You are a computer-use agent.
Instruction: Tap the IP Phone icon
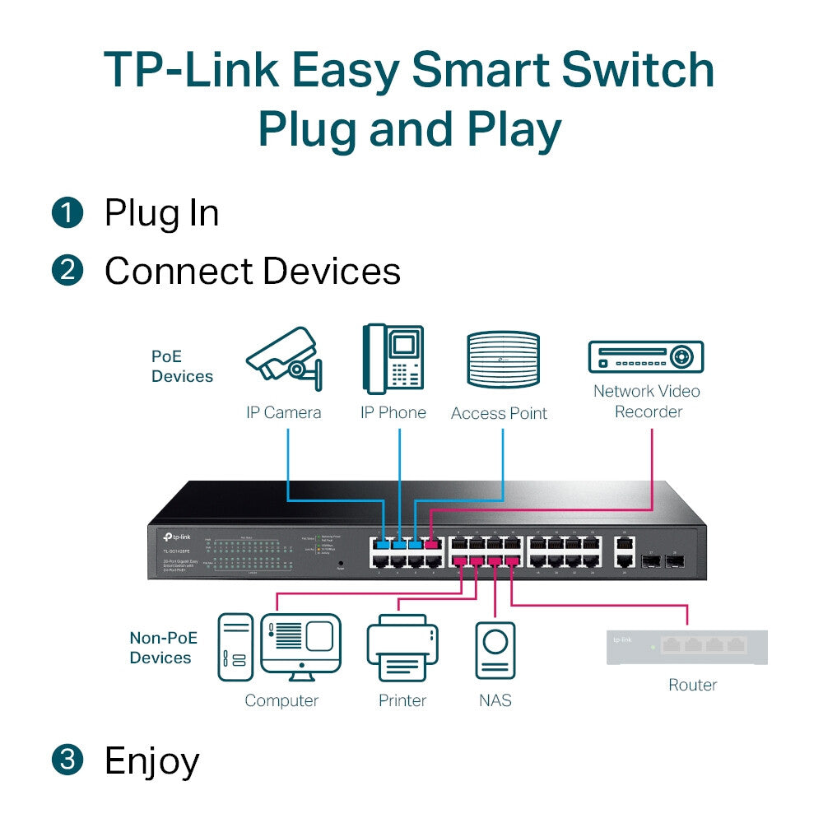(x=393, y=360)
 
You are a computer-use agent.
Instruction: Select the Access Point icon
(x=503, y=360)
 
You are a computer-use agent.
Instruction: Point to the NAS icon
(x=495, y=650)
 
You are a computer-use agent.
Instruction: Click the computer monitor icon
(x=300, y=646)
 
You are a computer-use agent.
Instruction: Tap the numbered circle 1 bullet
(x=67, y=213)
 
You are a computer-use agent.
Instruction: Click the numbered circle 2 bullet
(x=67, y=271)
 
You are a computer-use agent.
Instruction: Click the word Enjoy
(x=151, y=761)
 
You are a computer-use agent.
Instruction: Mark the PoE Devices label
(x=182, y=367)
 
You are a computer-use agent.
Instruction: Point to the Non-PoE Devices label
(x=160, y=648)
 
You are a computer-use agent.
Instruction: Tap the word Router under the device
(x=692, y=685)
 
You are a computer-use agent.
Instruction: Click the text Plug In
(x=161, y=213)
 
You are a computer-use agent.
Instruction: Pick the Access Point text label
(x=499, y=413)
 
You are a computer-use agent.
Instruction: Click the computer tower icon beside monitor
(x=235, y=647)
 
